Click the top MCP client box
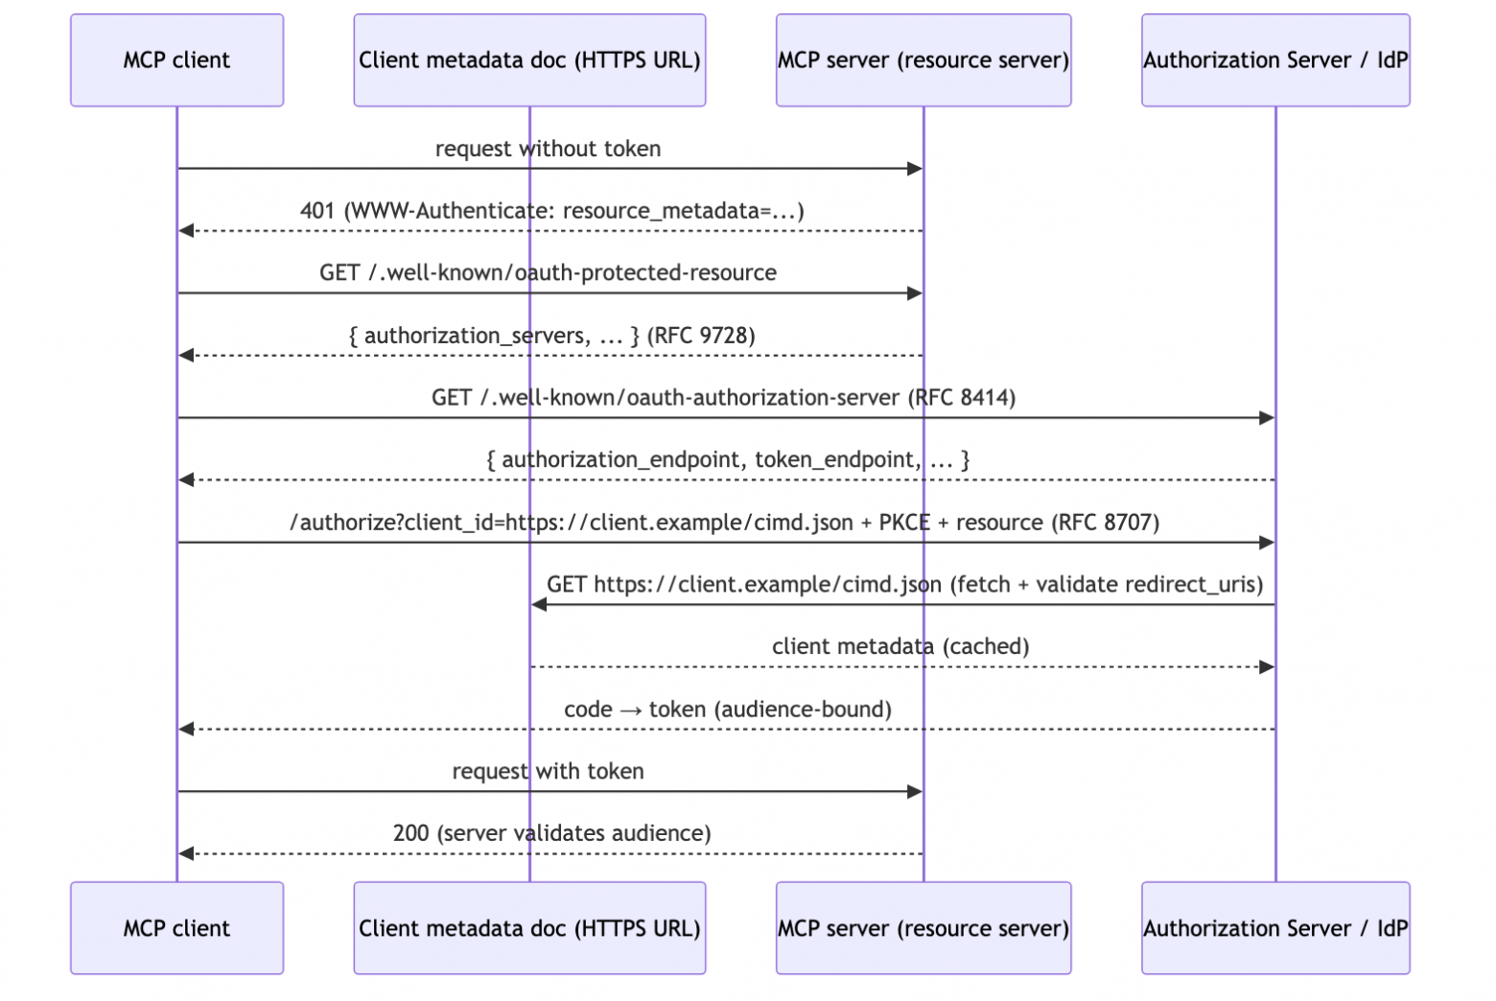coord(177,60)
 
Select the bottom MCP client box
coord(177,927)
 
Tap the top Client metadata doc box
coord(529,60)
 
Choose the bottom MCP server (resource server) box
coord(923,927)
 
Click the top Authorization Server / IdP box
coord(1275,60)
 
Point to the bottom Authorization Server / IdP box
coord(1275,927)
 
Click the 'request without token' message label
coord(549,149)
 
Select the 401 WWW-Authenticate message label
coord(552,211)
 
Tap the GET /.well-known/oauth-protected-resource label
coord(549,273)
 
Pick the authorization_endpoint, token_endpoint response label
coord(728,460)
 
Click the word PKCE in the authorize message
coord(904,523)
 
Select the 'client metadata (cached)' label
coord(900,646)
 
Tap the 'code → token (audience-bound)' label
coord(728,710)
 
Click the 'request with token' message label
coord(549,771)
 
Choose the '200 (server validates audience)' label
coord(552,833)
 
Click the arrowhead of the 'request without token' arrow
coord(915,169)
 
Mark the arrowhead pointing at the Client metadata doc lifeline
coord(539,605)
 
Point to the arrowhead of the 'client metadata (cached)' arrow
coord(1267,667)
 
